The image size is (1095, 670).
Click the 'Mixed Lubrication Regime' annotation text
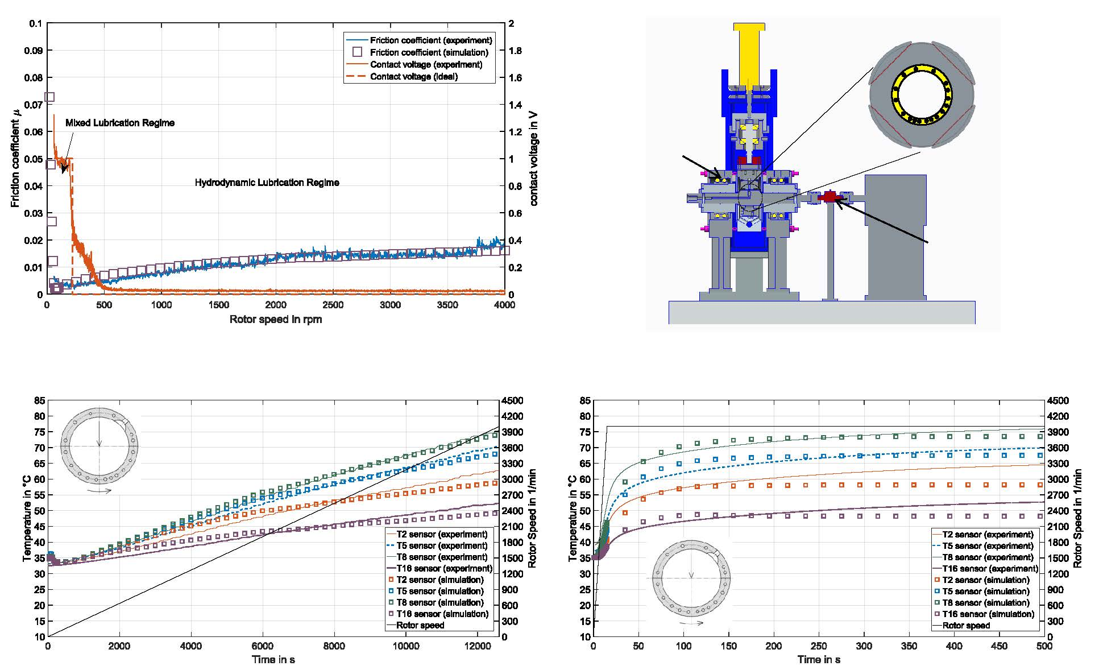pyautogui.click(x=120, y=123)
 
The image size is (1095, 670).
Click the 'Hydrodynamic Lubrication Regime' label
pyautogui.click(x=267, y=183)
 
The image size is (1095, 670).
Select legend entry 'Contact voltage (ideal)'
pyautogui.click(x=413, y=77)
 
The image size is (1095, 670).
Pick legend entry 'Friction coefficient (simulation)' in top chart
pyautogui.click(x=430, y=52)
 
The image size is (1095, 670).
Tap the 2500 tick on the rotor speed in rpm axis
pyautogui.click(x=333, y=305)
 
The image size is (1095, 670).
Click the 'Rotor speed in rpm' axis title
pyautogui.click(x=276, y=320)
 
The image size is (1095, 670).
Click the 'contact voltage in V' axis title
pyautogui.click(x=533, y=159)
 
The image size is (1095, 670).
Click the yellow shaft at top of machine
pyautogui.click(x=748, y=54)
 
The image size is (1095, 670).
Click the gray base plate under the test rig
pyautogui.click(x=821, y=312)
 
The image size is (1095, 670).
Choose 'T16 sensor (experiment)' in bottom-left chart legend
pyautogui.click(x=444, y=568)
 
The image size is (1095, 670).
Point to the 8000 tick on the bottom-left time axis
pyautogui.click(x=334, y=646)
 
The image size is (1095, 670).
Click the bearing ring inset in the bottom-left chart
pyautogui.click(x=99, y=447)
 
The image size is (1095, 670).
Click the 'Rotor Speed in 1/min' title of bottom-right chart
pyautogui.click(x=1077, y=519)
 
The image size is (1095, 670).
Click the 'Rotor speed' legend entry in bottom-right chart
pyautogui.click(x=966, y=626)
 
